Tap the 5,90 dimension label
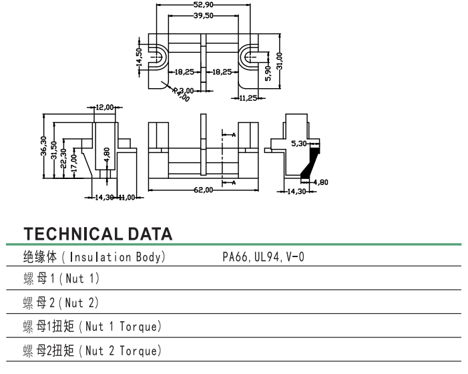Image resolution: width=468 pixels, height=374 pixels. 268,72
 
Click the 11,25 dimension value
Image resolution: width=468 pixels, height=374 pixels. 250,98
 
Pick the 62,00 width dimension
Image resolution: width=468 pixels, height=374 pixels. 204,190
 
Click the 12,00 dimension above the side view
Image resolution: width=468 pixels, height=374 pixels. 105,107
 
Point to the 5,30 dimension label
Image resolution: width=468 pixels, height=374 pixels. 298,143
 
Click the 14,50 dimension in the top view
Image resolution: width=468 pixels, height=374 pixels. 139,56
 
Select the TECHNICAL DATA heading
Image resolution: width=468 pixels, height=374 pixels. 98,234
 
